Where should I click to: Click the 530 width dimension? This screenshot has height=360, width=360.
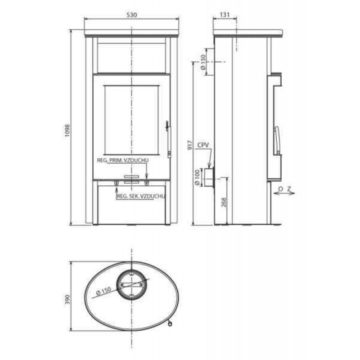[131, 15]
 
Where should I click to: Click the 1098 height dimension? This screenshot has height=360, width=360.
[67, 130]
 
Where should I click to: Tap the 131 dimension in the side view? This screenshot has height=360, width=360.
[225, 15]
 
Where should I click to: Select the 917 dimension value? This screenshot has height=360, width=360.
[190, 145]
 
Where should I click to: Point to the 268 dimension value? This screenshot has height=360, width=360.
[224, 202]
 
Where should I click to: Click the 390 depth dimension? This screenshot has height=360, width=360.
[67, 300]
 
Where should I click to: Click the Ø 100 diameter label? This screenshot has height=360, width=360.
[197, 178]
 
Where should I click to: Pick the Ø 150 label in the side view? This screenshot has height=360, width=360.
[203, 62]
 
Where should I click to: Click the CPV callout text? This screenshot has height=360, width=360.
[203, 145]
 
